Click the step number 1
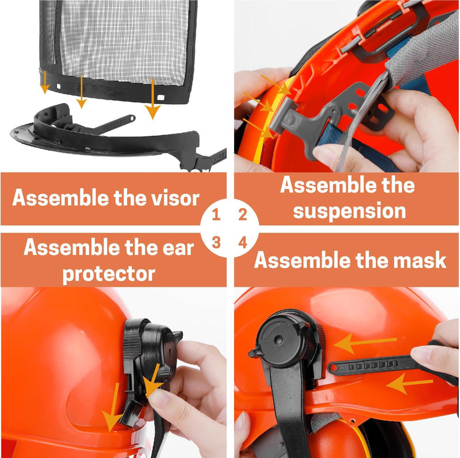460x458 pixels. [x=216, y=215]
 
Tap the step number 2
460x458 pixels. [x=243, y=215]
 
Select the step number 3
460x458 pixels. [x=216, y=242]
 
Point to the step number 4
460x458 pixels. [x=243, y=242]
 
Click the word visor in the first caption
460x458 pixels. [x=175, y=198]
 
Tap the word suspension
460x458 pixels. [x=349, y=211]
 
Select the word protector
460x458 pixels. [x=109, y=274]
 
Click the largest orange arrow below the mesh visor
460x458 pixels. [x=152, y=98]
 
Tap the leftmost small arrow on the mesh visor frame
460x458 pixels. [x=45, y=82]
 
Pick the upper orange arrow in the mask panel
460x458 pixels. [x=365, y=342]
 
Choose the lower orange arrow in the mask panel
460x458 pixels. [x=409, y=383]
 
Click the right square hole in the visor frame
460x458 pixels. [x=161, y=97]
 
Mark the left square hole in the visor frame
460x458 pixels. [x=59, y=87]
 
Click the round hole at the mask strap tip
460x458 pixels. [x=333, y=368]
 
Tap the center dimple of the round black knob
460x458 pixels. [x=278, y=341]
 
